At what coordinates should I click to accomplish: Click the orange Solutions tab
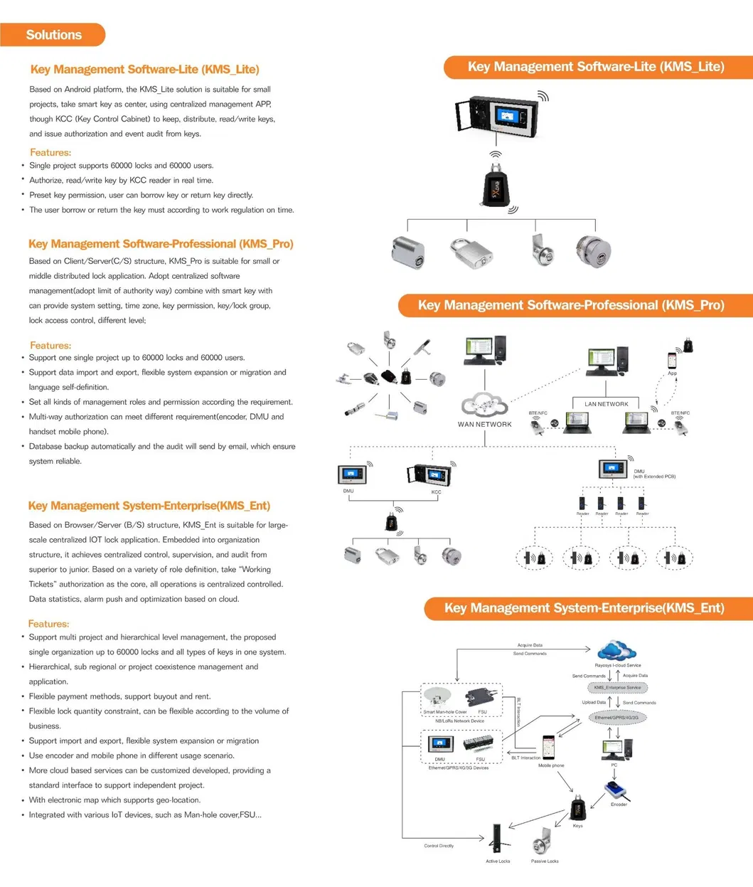53,35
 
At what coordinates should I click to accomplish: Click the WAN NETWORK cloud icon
484,406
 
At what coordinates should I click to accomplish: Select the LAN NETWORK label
606,404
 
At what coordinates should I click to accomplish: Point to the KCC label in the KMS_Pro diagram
436,492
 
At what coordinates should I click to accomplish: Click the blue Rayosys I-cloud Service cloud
616,651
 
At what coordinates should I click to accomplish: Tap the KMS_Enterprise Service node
617,688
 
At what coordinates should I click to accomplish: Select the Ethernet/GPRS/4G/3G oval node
616,718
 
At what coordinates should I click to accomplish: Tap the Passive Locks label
545,861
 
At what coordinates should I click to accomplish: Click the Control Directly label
439,846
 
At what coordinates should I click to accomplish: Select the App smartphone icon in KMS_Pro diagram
672,360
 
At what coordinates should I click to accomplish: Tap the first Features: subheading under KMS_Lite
50,152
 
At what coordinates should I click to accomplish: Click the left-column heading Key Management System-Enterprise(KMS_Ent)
149,506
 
